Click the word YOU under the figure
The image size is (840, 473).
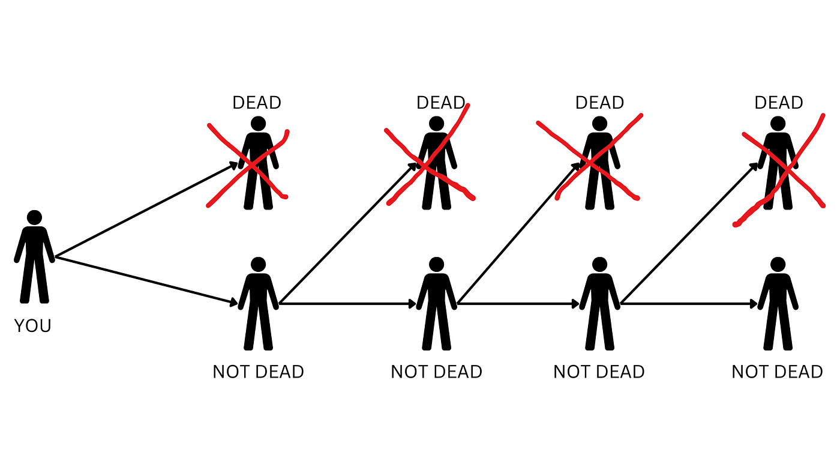pos(32,325)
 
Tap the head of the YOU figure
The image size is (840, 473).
pos(35,217)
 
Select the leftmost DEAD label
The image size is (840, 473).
pos(257,103)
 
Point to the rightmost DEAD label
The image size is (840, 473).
pos(779,103)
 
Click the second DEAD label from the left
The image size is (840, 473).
pos(440,103)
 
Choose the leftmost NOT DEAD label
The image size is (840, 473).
pos(258,372)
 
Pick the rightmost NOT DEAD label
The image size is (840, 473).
pos(777,372)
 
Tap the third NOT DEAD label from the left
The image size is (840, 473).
pos(599,372)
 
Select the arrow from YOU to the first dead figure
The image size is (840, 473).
pos(146,210)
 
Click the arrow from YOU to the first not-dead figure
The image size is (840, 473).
pos(146,280)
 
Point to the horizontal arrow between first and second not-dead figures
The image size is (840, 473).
pos(347,304)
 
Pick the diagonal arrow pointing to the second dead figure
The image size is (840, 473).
pos(348,233)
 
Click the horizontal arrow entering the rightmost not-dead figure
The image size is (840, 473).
pos(689,304)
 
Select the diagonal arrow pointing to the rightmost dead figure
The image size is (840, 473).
pos(689,233)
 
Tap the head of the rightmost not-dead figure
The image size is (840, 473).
pos(778,265)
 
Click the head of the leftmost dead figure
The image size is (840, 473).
pos(259,124)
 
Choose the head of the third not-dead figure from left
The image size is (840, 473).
pos(599,265)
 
